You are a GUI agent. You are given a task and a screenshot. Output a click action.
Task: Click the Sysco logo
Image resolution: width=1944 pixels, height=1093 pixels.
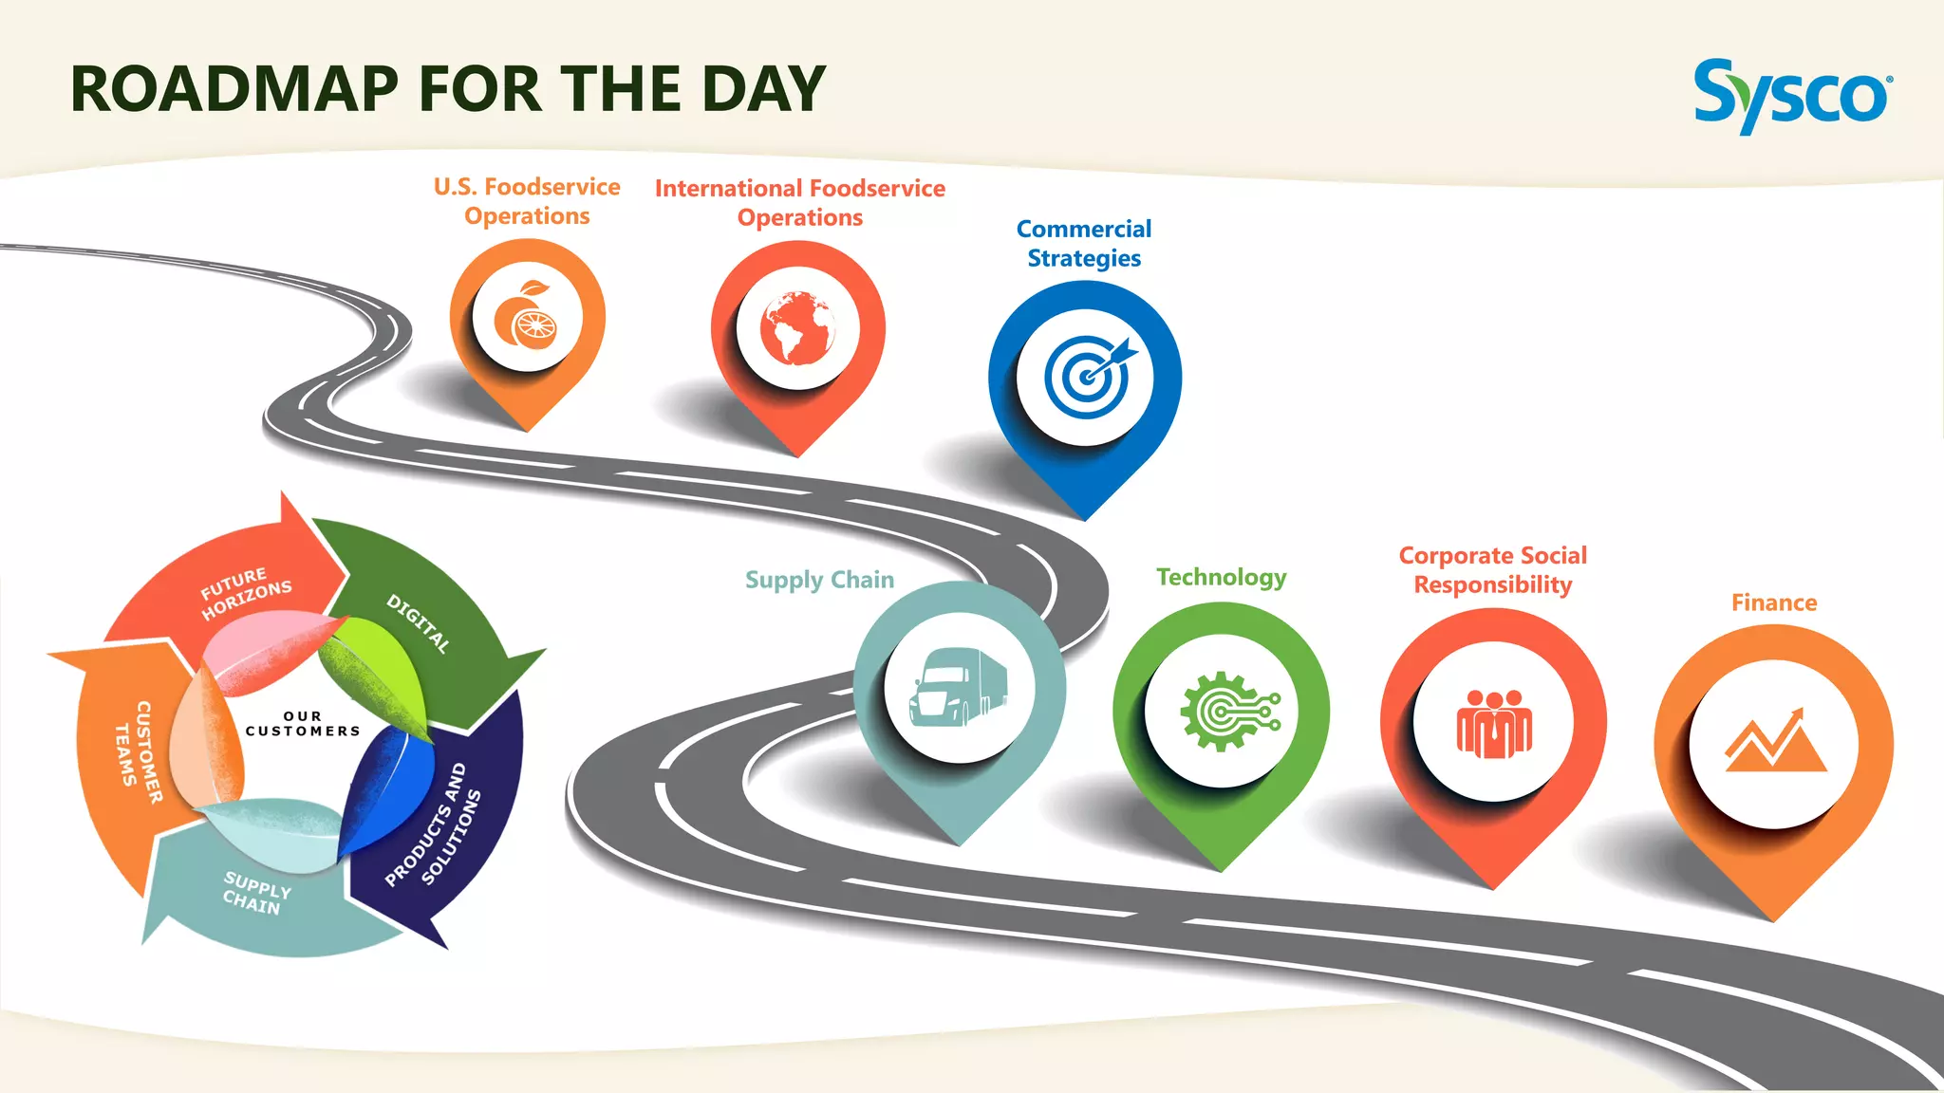pos(1792,95)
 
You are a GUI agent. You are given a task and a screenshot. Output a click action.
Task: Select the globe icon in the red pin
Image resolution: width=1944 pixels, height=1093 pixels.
pos(797,328)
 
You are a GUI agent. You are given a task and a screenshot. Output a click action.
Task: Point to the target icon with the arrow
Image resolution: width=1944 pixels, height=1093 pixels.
pos(1088,376)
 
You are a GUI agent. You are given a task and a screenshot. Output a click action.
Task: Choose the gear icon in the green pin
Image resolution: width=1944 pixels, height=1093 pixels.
pos(1224,711)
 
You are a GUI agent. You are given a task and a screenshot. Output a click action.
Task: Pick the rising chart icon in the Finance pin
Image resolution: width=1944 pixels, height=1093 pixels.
pos(1774,742)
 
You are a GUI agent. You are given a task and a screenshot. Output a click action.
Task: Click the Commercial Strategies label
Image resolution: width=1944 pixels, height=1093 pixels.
pos(1084,244)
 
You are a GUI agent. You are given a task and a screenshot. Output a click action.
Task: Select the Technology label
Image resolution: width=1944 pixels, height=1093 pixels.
pos(1222,578)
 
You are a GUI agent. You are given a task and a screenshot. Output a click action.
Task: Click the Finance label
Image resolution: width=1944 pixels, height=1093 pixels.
pos(1774,602)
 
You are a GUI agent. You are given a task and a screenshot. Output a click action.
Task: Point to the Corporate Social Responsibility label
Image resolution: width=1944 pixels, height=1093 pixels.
pos(1493,570)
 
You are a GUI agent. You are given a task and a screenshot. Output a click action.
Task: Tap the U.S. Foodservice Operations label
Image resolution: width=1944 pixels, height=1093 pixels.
pos(527,201)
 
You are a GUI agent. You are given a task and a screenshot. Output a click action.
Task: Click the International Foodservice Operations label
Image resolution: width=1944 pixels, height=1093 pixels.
pos(800,203)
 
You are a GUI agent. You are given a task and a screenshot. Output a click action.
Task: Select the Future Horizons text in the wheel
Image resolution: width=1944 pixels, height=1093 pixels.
pos(245,593)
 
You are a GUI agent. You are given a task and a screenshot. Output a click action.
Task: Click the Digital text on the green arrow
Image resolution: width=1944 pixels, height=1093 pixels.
pos(418,622)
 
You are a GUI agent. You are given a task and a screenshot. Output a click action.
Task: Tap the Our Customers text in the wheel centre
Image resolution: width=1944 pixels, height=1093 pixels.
pos(303,724)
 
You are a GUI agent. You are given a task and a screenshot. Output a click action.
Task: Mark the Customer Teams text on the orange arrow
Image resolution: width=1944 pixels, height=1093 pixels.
pos(138,752)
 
